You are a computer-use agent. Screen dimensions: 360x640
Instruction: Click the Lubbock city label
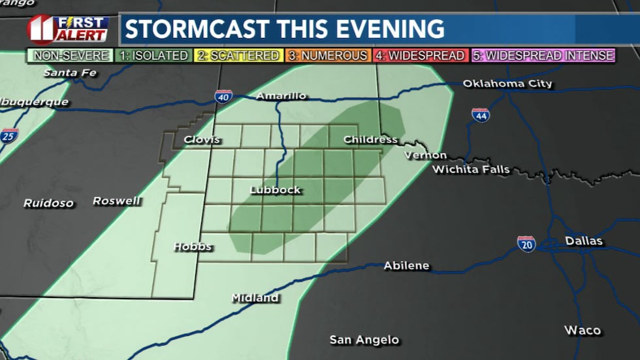(x=276, y=190)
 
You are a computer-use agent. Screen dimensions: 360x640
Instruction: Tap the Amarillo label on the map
(x=281, y=96)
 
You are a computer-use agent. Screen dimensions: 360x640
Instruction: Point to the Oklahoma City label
(x=507, y=84)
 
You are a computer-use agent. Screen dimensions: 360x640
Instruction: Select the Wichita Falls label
(x=470, y=170)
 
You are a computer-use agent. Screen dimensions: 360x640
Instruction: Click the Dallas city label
(x=584, y=241)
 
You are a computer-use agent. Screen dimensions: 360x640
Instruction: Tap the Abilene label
(x=406, y=265)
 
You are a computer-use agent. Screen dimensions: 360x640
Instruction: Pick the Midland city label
(x=255, y=298)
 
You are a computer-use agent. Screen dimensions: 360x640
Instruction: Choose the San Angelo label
(x=364, y=340)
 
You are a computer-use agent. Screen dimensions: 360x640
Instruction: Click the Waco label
(x=583, y=330)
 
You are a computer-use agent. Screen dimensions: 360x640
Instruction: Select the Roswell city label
(x=116, y=201)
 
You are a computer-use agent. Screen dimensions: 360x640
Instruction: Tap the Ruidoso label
(x=48, y=203)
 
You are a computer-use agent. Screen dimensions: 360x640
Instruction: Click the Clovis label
(x=202, y=140)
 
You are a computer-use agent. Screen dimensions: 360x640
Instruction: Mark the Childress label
(x=370, y=139)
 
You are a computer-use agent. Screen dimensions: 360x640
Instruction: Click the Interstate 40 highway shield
(x=223, y=97)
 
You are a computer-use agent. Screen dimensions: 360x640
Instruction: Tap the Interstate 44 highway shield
(x=481, y=116)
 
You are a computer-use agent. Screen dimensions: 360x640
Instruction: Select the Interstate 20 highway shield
(x=526, y=244)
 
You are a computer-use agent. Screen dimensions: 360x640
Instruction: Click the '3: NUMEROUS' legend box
(x=327, y=56)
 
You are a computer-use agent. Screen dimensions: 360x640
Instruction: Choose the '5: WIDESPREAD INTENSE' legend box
(x=543, y=56)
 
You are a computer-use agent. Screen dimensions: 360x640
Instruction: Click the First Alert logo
(x=68, y=29)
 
